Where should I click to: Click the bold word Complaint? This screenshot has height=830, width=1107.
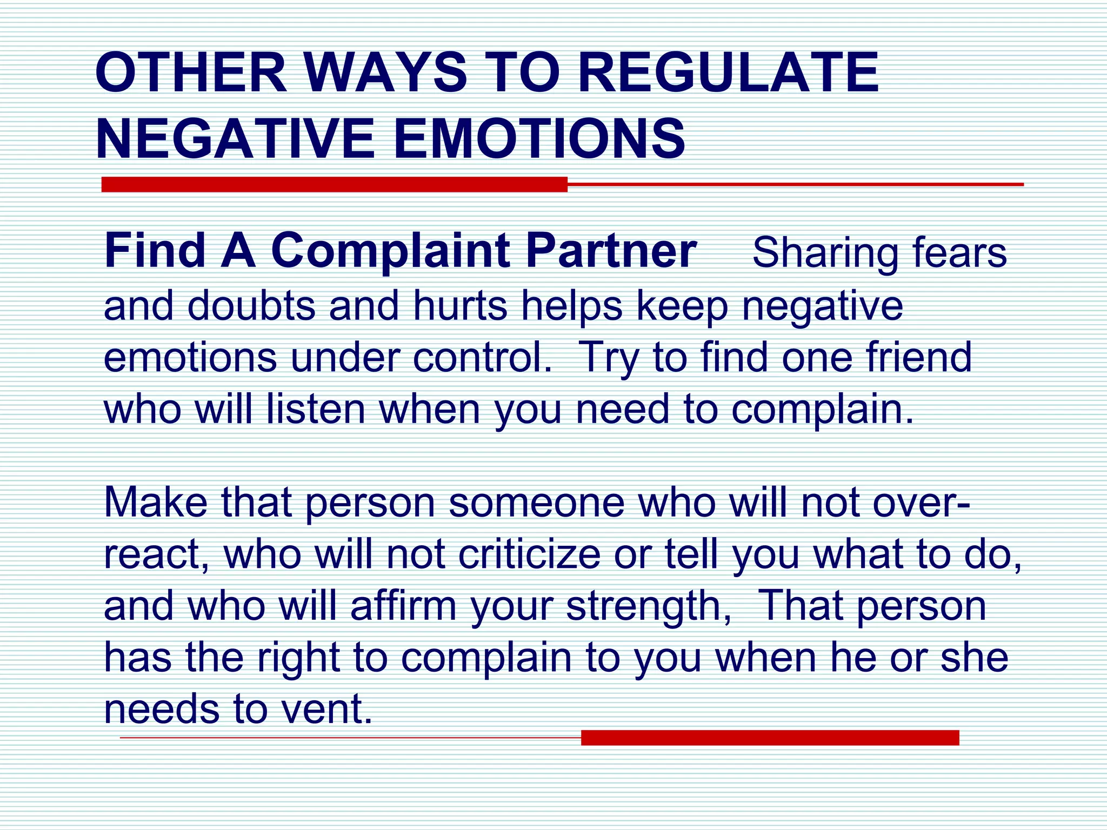point(390,252)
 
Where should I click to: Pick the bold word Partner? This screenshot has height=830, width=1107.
point(611,251)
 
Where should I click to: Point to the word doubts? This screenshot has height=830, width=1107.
point(251,305)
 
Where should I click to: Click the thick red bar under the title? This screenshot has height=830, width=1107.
point(335,184)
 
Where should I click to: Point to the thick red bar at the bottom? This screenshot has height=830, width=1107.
point(770,738)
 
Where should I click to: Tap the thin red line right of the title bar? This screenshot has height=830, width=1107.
point(795,184)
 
